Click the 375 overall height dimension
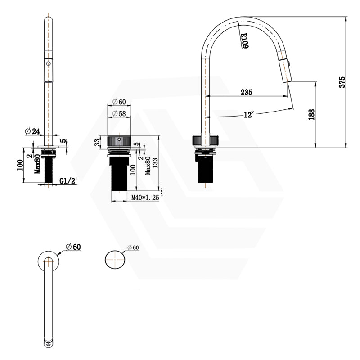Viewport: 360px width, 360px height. pyautogui.click(x=342, y=82)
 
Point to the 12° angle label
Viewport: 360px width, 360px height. pyautogui.click(x=249, y=115)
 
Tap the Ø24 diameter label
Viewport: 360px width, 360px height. pyautogui.click(x=33, y=131)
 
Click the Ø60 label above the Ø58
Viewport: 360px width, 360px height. pyautogui.click(x=119, y=101)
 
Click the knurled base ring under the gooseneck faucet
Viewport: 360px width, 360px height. pyautogui.click(x=205, y=141)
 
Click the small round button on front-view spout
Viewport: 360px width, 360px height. pyautogui.click(x=47, y=64)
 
